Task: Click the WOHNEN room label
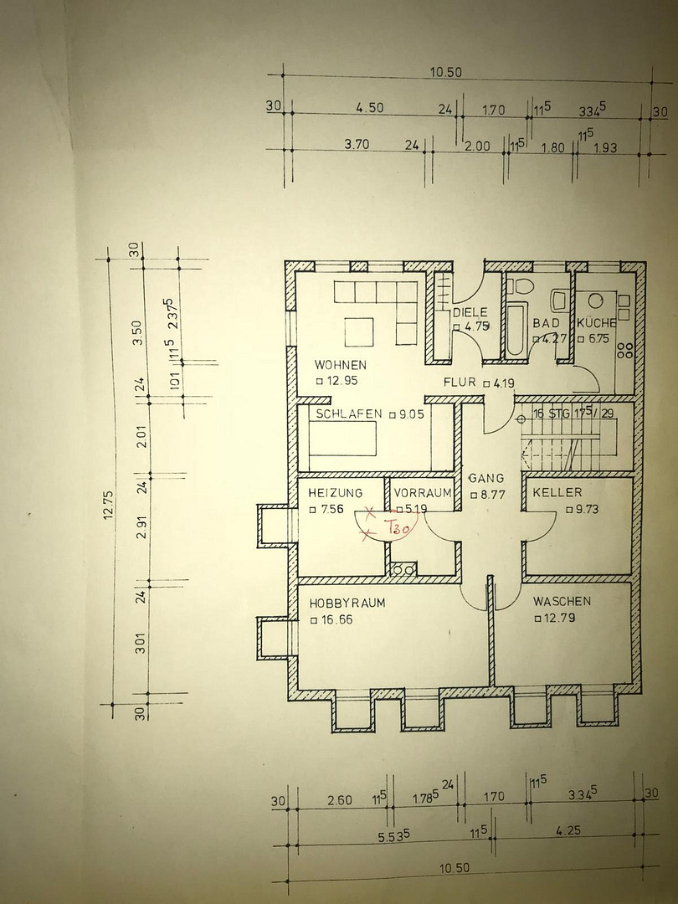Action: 340,365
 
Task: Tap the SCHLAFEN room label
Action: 349,413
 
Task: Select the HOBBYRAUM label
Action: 347,603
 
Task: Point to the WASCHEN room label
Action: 562,601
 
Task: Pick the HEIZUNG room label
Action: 336,493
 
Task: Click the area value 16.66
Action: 331,619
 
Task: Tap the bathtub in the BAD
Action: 515,330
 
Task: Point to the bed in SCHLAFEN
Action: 342,439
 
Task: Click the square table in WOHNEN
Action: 360,332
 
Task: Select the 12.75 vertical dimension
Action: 108,505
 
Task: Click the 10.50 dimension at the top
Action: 445,73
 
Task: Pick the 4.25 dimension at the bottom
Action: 568,831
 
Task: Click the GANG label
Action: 486,478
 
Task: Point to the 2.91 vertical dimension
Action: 141,527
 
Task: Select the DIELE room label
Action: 470,312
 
